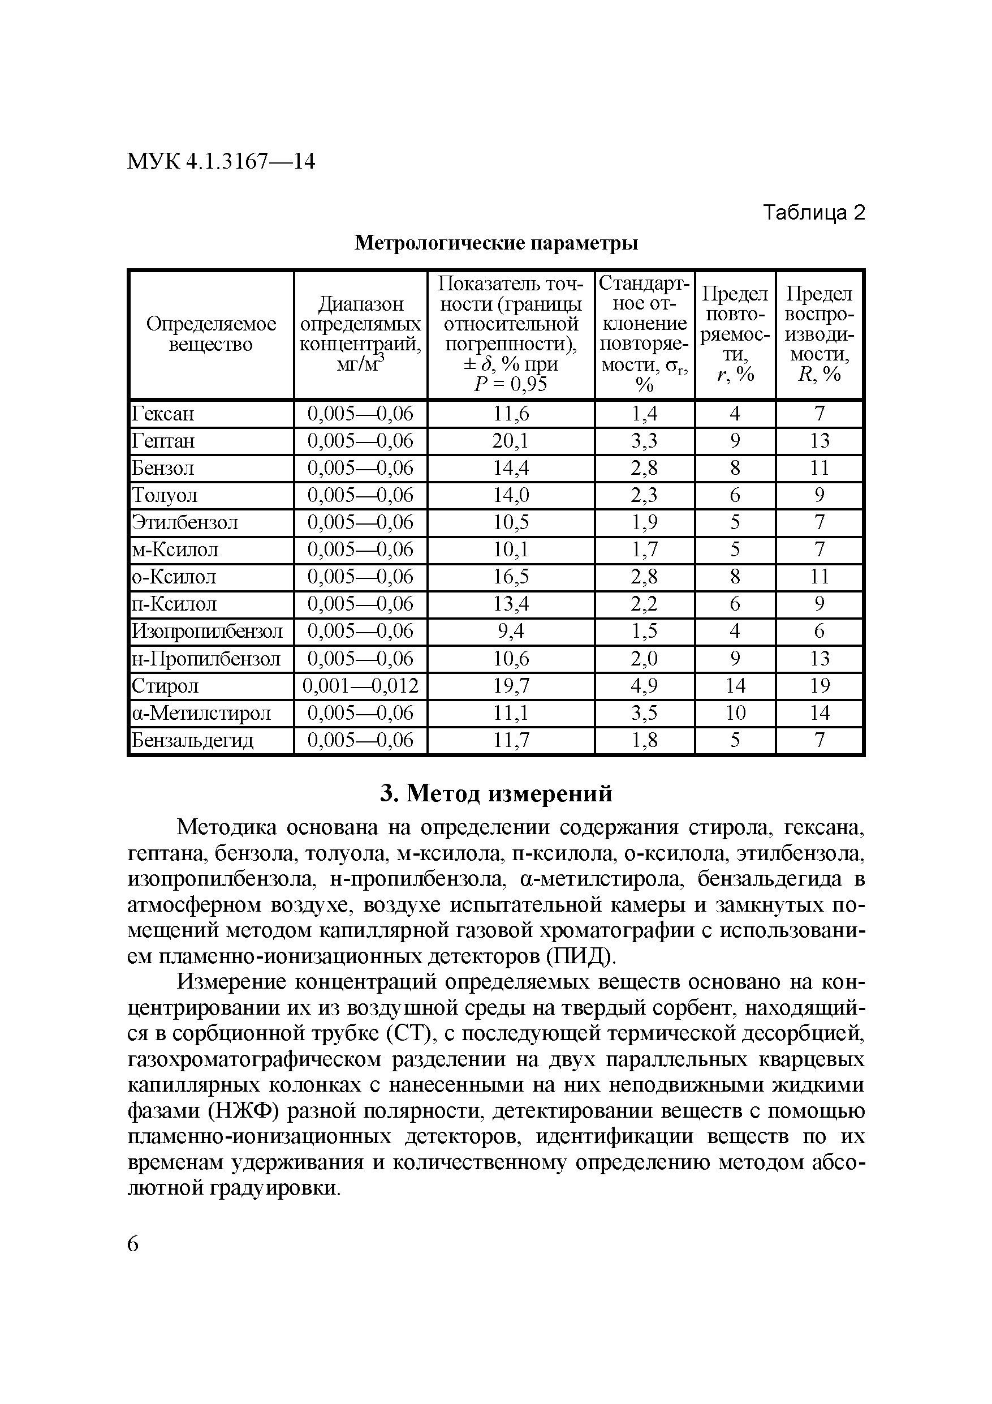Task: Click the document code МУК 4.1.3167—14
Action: (x=221, y=161)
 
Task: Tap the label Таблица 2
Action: (x=814, y=213)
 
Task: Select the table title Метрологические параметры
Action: (x=497, y=243)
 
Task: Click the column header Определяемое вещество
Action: (x=211, y=334)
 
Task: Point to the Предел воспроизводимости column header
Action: (x=818, y=334)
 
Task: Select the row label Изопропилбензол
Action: (x=208, y=631)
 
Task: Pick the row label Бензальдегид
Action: (x=192, y=741)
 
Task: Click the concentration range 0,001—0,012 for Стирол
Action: (x=361, y=686)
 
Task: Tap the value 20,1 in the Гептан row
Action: (x=511, y=441)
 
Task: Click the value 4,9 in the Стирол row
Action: (x=644, y=686)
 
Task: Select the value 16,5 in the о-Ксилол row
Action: (x=511, y=577)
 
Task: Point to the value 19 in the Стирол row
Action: (x=819, y=686)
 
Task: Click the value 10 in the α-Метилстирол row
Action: (x=735, y=713)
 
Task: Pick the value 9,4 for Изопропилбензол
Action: (x=511, y=631)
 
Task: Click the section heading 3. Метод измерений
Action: (x=495, y=794)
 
